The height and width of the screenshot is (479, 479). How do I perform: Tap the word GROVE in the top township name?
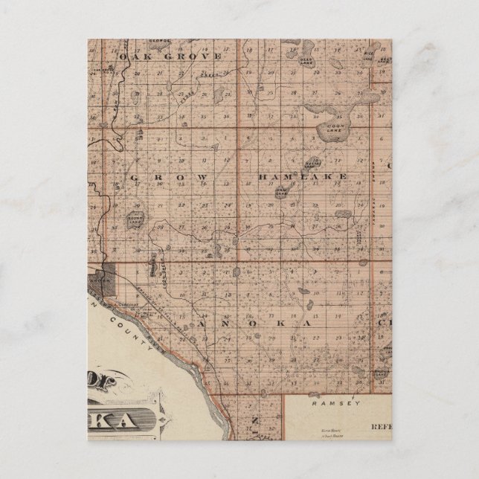click(x=197, y=56)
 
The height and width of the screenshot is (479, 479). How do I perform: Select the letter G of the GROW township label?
click(x=134, y=177)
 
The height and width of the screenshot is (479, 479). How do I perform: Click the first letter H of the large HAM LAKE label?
click(x=262, y=177)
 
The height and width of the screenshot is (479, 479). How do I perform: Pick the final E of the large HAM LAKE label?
click(x=344, y=177)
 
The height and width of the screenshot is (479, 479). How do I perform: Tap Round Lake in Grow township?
click(x=135, y=216)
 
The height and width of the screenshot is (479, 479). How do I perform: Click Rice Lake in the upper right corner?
click(x=370, y=53)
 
